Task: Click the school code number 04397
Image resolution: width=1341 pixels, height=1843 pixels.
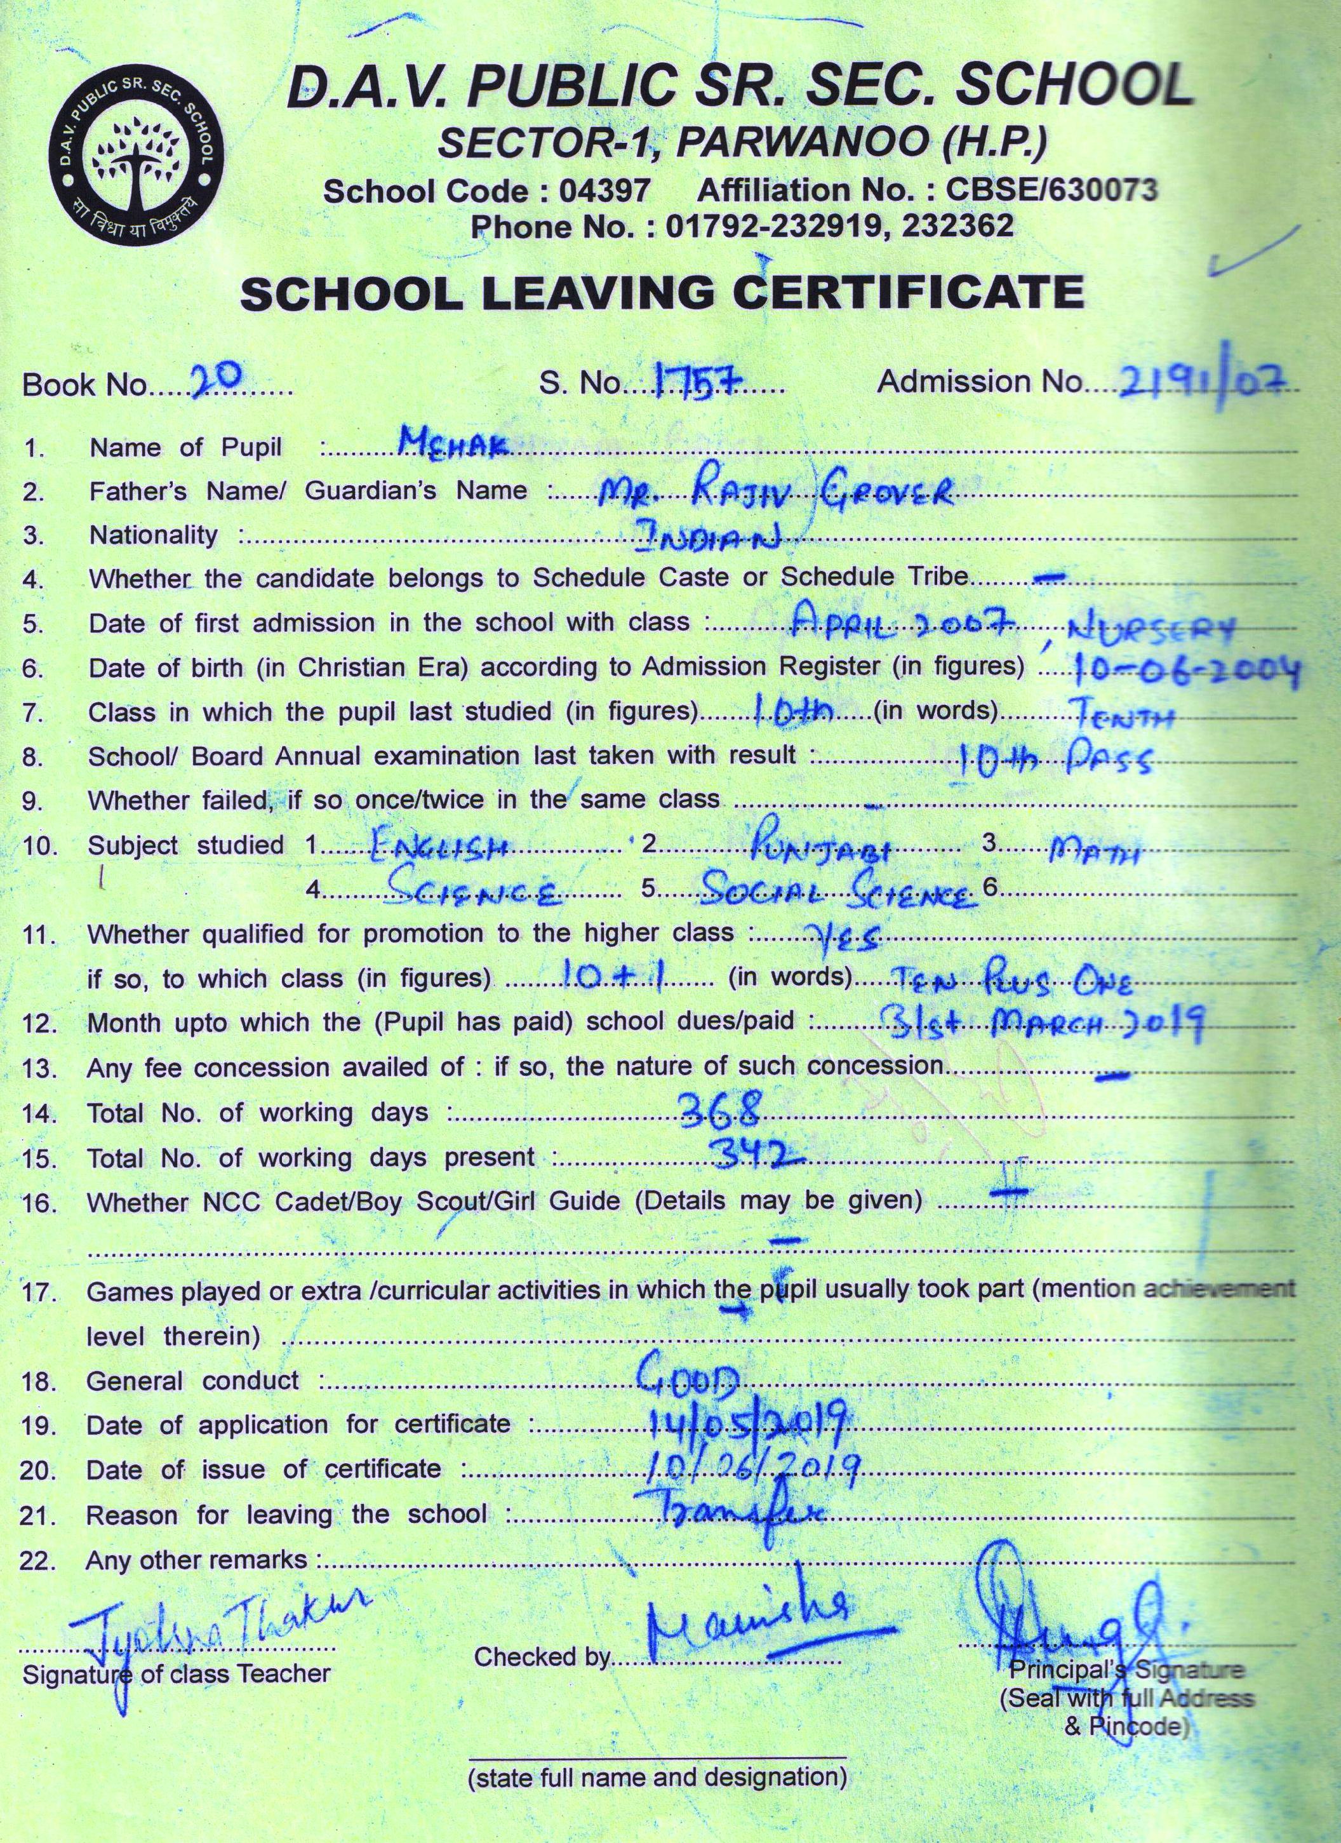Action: point(604,191)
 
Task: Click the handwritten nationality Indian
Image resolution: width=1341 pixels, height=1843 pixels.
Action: point(706,535)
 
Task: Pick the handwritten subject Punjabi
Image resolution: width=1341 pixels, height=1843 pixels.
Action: point(820,850)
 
